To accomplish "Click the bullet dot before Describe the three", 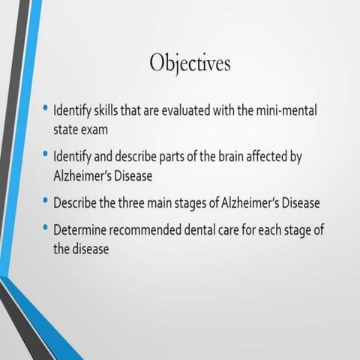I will [46, 202].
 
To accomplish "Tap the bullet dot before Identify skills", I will [46, 109].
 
